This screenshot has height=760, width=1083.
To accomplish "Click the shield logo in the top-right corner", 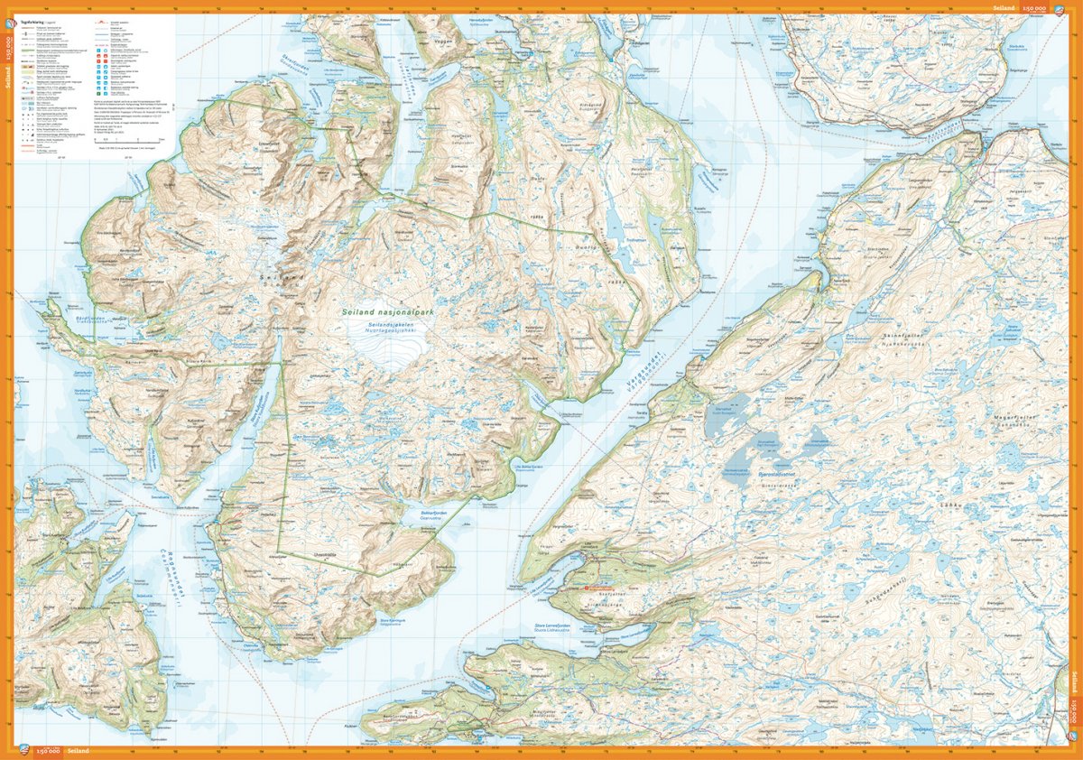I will [1073, 7].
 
